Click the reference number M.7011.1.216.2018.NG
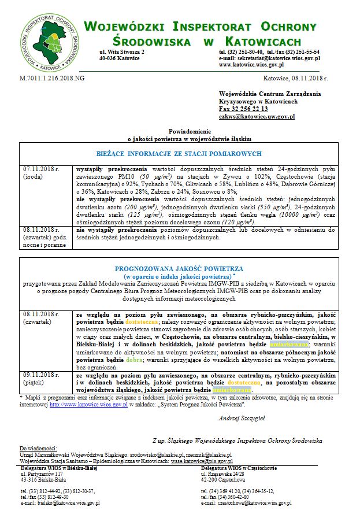(51, 77)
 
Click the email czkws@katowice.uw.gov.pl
(257, 116)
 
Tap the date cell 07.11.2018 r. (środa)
(42, 173)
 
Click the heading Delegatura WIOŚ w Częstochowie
(243, 467)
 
